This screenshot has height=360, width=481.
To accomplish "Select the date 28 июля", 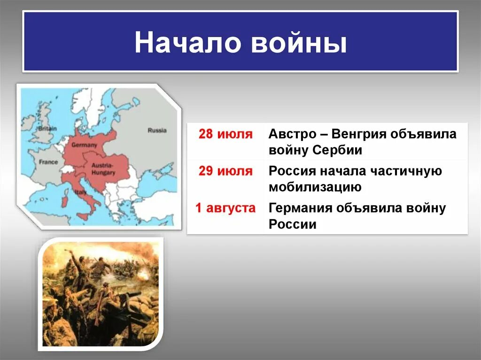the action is (x=226, y=134).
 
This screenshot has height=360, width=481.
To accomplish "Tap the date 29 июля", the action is (x=226, y=171).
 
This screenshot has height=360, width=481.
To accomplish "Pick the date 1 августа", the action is (x=225, y=208).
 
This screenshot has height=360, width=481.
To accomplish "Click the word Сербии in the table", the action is (x=337, y=150).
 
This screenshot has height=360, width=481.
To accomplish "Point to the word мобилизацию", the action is (x=315, y=187).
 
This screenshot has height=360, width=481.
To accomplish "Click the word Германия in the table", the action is (x=300, y=208).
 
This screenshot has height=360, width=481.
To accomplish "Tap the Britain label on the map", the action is (x=47, y=129).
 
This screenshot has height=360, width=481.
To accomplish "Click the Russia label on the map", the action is (x=157, y=130).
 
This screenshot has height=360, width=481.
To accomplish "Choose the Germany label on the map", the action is (x=84, y=145).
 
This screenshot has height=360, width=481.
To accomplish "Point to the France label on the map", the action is (x=48, y=162).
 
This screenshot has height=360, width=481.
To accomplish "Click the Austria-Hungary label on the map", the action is (x=103, y=169).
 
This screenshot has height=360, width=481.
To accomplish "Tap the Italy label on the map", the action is (x=80, y=192).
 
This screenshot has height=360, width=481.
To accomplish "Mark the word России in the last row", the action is (x=292, y=224).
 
